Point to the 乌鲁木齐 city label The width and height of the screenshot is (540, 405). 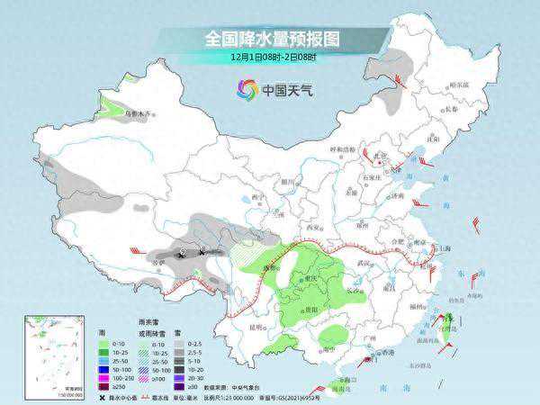click(139, 114)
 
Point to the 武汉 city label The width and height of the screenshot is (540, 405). click(364, 262)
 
